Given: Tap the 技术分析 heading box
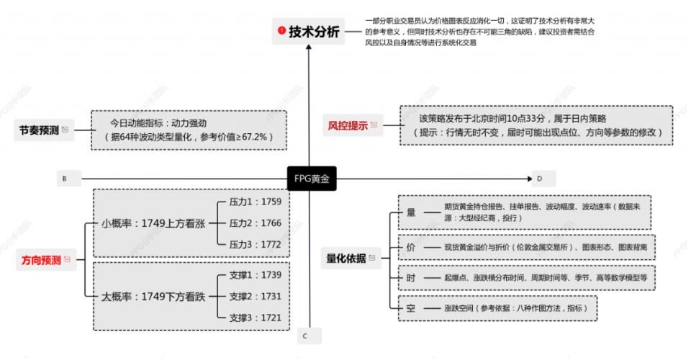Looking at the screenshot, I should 309,32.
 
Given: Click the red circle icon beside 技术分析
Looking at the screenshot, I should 282,31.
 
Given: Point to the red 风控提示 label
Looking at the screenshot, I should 348,125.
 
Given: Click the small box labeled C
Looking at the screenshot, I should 305,336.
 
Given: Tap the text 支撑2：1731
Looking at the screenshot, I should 255,296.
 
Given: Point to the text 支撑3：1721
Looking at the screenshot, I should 255,318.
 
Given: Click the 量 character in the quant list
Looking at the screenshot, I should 411,212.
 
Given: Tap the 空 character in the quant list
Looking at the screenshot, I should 411,307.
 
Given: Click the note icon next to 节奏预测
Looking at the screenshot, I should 66,130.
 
